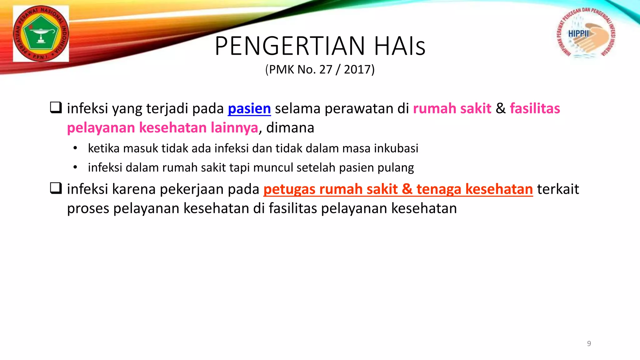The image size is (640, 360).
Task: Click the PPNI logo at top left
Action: (41, 33)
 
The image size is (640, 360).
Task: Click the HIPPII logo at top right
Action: (586, 33)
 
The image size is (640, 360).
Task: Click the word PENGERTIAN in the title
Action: (290, 46)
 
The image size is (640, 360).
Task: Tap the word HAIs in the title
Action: (400, 46)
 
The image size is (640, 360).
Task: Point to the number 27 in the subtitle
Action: (326, 69)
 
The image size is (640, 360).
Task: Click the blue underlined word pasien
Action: (249, 109)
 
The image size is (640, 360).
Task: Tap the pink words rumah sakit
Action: (452, 108)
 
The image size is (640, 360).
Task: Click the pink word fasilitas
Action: (535, 108)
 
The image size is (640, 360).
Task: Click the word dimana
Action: (290, 127)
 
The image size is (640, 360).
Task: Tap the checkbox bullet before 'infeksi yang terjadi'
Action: (56, 107)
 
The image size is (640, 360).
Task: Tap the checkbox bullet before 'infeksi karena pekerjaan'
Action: (56, 188)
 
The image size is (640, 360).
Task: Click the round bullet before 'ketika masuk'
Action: (75, 148)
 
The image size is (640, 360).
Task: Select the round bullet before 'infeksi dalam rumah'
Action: (75, 167)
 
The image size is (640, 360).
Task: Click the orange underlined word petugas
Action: (289, 189)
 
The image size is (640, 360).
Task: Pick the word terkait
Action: (558, 189)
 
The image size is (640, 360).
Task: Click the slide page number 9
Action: (589, 343)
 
